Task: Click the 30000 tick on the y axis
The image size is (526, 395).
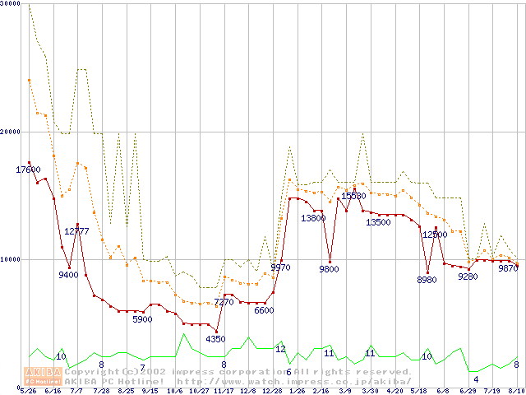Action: (10, 3)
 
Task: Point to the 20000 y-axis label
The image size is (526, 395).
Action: (10, 131)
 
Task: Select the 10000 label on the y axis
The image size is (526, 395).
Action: (10, 258)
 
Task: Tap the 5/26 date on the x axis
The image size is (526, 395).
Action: (28, 391)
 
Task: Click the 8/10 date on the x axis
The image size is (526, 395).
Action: (516, 391)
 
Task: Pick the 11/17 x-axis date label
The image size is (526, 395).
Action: (223, 391)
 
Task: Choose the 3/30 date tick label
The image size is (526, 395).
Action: (370, 391)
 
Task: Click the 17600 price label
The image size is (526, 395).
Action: (28, 170)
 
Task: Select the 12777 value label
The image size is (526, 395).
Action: (76, 231)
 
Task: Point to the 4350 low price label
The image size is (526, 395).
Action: (215, 339)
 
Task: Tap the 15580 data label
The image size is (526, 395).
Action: (353, 196)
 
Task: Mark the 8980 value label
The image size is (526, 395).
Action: (427, 281)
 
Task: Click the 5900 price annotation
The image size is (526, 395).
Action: (142, 319)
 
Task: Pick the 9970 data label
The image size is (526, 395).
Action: (280, 267)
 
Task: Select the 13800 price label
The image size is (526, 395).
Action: (312, 218)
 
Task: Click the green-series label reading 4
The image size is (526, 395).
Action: (476, 379)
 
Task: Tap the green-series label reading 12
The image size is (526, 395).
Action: (280, 349)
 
